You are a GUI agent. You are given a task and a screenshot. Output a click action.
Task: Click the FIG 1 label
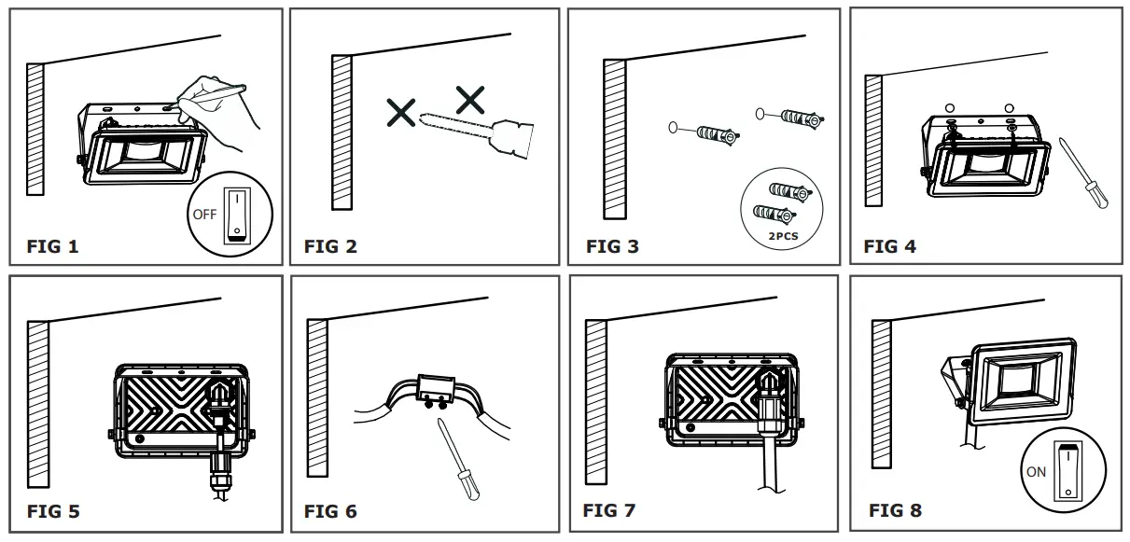coord(52,247)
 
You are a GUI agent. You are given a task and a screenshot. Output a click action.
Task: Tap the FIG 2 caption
coord(330,247)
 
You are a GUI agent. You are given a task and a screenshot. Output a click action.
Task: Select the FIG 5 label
coord(52,511)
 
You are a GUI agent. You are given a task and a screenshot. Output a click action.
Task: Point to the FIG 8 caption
coord(895,510)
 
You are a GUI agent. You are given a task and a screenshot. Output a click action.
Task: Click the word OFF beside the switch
coord(203,214)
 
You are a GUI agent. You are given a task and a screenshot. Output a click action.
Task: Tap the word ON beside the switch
coord(1036,472)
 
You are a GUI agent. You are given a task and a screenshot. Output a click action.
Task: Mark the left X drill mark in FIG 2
coord(402,114)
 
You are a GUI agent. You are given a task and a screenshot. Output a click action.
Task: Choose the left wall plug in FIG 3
coord(712,132)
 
